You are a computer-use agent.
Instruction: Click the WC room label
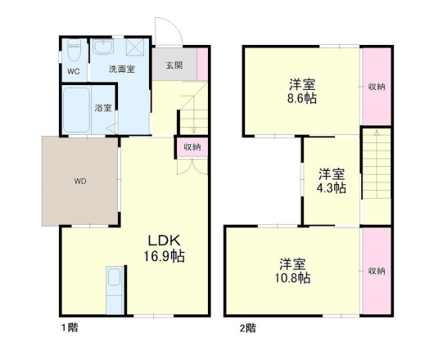(73, 71)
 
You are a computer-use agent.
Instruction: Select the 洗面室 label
(122, 70)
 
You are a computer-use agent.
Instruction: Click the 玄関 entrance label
(174, 65)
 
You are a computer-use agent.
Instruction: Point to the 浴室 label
(104, 108)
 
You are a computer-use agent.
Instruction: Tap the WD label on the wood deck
(80, 180)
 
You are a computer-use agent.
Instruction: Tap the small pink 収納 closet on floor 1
(192, 147)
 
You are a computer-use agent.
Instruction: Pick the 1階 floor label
(68, 328)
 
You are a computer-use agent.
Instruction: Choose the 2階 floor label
(247, 328)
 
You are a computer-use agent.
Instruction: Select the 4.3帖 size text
(332, 188)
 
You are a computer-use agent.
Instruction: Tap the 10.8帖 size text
(293, 278)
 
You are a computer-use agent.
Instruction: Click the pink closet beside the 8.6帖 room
(376, 86)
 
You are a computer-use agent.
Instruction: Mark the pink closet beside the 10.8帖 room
(376, 271)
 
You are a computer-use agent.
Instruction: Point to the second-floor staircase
(376, 172)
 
